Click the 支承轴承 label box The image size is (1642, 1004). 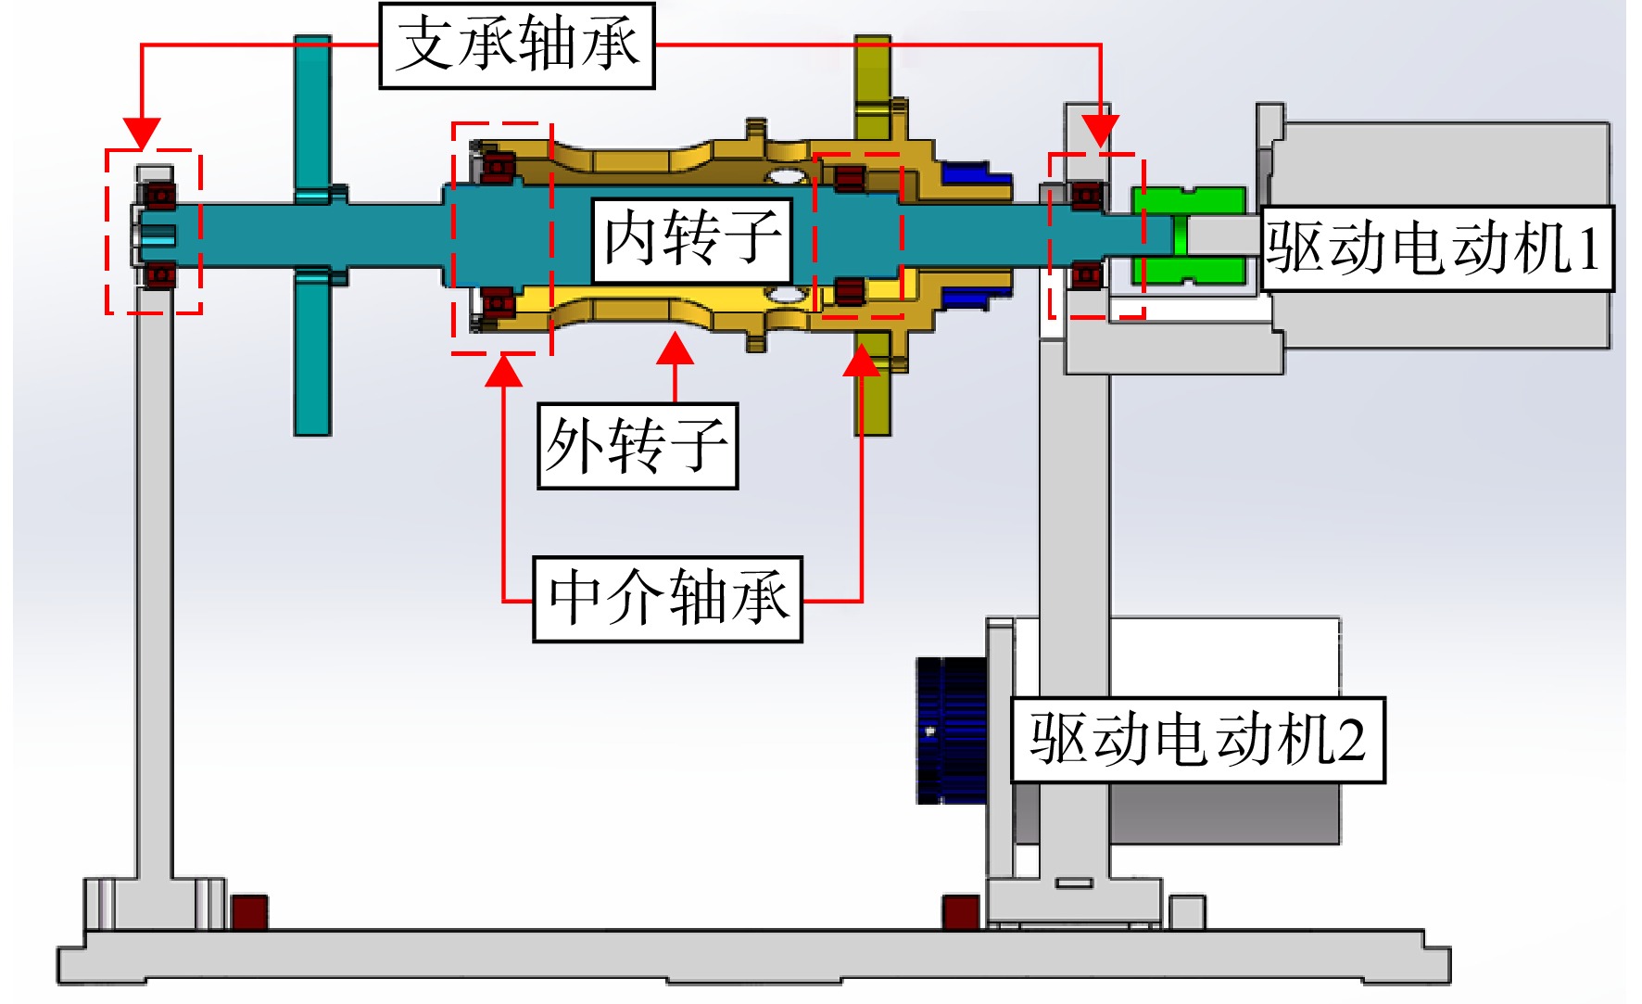(517, 45)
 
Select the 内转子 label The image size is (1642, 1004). (691, 240)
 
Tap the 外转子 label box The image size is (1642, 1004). (638, 446)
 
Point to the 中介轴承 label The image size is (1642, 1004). (667, 599)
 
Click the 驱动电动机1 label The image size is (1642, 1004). (1437, 248)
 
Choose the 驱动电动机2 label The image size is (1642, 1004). (1198, 740)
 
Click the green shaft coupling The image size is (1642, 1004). (1188, 235)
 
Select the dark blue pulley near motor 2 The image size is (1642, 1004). (952, 731)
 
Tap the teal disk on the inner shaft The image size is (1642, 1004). (313, 235)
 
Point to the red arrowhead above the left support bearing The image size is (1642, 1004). (142, 133)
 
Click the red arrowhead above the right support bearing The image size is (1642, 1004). (1101, 131)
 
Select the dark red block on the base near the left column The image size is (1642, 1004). (249, 912)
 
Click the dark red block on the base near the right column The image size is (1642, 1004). (961, 912)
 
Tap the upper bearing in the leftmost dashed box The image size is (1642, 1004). (158, 197)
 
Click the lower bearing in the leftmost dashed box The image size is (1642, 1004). (158, 275)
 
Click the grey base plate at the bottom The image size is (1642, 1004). (753, 957)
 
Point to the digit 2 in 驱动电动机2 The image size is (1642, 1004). (1351, 741)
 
